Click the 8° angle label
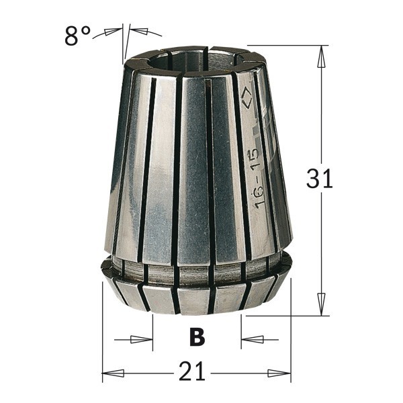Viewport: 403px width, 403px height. click(77, 37)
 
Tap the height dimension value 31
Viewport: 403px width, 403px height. click(319, 179)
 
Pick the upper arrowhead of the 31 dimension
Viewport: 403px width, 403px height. click(321, 58)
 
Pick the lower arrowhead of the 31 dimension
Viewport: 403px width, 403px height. click(321, 302)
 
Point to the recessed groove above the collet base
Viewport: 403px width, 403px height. click(195, 272)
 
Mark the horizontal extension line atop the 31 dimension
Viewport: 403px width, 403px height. click(296, 46)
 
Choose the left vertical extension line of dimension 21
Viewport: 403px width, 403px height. click(101, 336)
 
